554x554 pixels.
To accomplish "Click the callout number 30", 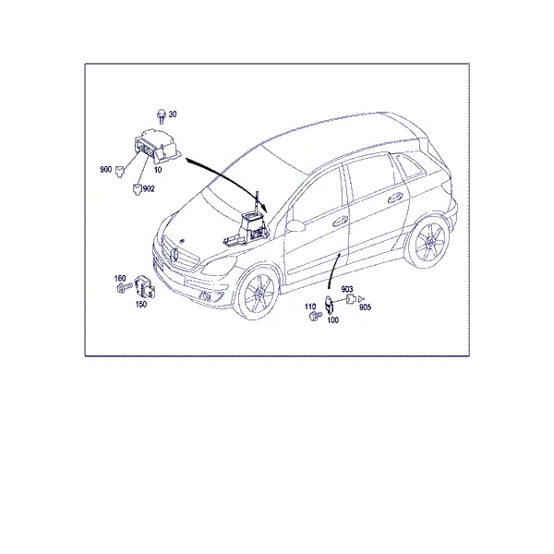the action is click(x=173, y=114).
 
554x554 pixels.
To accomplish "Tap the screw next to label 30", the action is click(x=162, y=116).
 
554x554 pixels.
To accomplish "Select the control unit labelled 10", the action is click(x=158, y=147).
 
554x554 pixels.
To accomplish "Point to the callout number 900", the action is click(x=106, y=169).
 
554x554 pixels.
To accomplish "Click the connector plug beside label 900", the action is click(x=120, y=172).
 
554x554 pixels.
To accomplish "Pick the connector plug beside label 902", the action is click(x=138, y=189).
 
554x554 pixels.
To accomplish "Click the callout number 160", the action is click(x=120, y=279).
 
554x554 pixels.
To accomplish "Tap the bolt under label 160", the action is click(x=124, y=287).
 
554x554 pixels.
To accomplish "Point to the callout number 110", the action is click(x=310, y=307).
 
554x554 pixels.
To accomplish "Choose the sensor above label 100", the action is click(x=330, y=305).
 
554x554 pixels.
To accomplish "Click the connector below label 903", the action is click(x=351, y=299).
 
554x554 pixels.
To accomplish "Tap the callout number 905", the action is click(x=366, y=307).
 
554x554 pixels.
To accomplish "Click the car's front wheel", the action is click(x=258, y=292).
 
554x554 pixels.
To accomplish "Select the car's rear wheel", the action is click(x=429, y=242).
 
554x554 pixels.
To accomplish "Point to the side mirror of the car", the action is click(x=295, y=225).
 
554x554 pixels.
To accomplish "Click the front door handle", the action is click(x=340, y=222).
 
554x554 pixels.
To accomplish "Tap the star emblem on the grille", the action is click(x=175, y=255).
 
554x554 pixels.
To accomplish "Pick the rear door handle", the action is click(x=396, y=199).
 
